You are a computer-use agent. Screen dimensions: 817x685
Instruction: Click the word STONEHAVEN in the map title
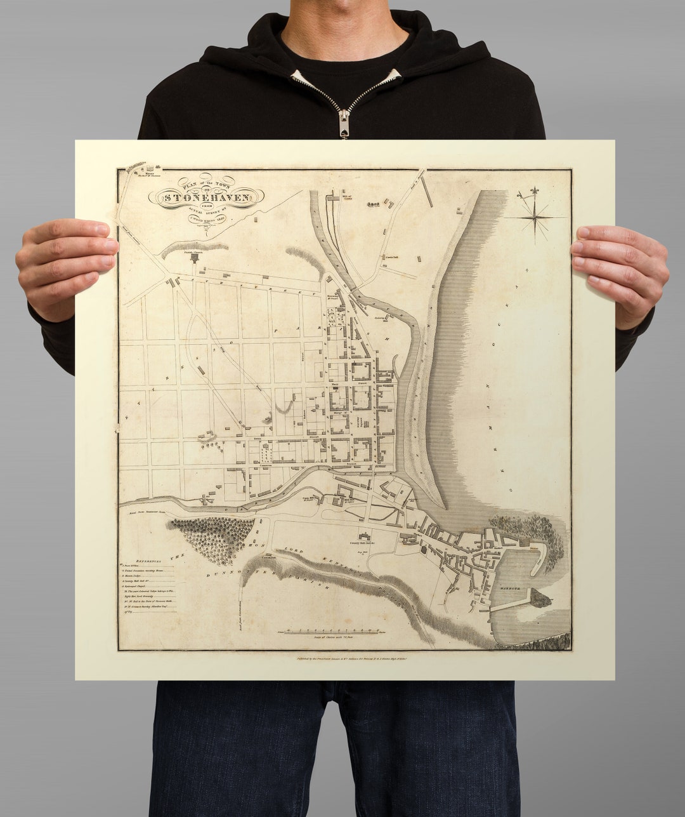point(206,197)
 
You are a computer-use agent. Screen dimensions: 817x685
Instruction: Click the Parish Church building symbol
point(194,258)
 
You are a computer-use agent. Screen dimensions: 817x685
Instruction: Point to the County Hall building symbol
point(366,538)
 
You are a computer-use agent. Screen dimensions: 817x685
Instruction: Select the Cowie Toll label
point(390,257)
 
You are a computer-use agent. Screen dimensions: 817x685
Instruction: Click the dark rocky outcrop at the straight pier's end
point(540,597)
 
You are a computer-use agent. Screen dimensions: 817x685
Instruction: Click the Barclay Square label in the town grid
point(358,422)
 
